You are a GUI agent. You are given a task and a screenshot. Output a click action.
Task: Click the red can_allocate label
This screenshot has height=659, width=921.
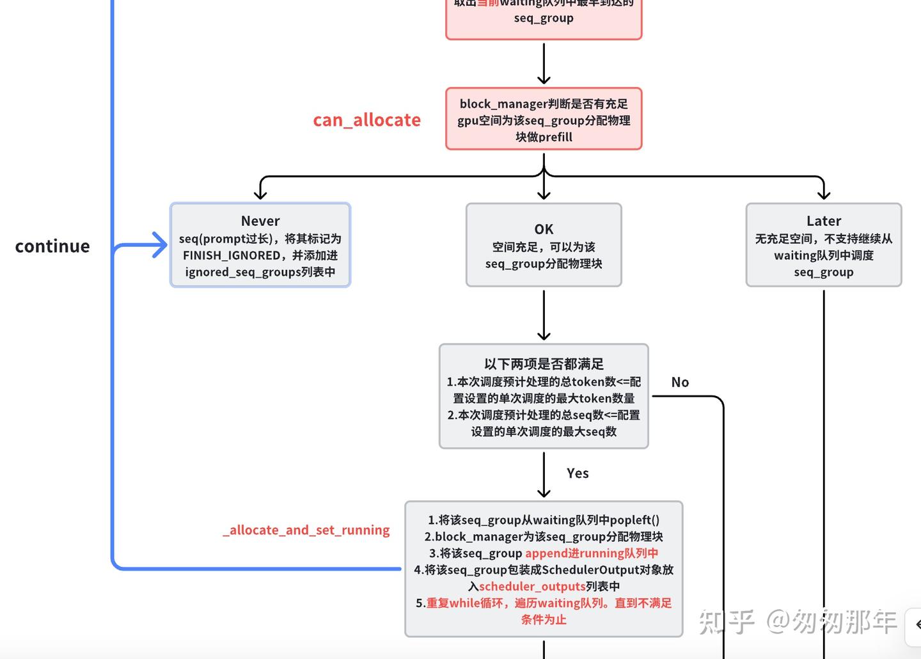point(366,120)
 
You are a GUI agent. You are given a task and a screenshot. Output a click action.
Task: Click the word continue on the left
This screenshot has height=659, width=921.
point(52,246)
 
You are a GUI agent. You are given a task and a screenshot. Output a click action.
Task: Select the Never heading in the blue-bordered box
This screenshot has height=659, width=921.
point(260,221)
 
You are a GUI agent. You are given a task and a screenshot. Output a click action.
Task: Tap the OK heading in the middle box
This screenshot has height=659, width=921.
point(544,229)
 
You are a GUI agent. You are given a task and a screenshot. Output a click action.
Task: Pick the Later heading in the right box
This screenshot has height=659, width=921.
point(824,221)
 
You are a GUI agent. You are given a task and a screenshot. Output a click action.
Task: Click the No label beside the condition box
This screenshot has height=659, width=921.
point(680,382)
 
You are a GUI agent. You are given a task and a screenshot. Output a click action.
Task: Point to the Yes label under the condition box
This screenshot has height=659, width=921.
point(578,473)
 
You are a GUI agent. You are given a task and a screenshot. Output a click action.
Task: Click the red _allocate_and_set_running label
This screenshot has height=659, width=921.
point(306,530)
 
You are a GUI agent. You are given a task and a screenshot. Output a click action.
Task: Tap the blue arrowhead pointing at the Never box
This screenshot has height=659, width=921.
point(160,245)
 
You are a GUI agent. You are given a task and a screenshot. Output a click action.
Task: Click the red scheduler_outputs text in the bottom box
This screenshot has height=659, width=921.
point(532,586)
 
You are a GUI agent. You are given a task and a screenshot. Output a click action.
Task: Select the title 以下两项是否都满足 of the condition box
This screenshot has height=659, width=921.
point(544,364)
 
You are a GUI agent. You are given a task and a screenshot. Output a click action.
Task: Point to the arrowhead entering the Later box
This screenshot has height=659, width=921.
point(824,193)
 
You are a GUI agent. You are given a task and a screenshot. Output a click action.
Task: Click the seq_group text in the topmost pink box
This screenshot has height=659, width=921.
point(544,18)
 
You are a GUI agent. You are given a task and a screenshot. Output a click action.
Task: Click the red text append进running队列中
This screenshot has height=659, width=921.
point(591,553)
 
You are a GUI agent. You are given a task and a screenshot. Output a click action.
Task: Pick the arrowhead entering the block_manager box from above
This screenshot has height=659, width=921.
point(544,79)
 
